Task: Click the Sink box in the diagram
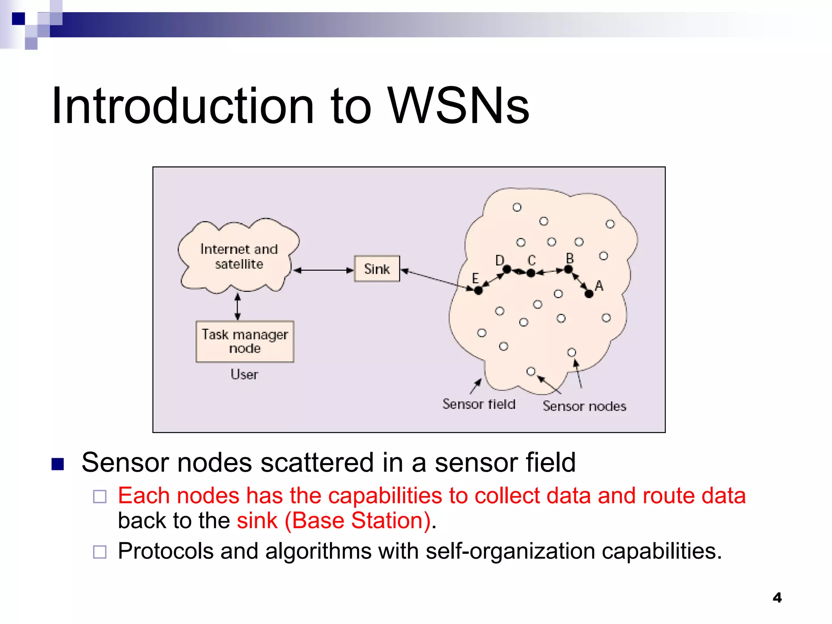(377, 269)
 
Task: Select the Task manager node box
(245, 341)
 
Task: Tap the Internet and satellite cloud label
(239, 256)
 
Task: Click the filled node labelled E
(478, 290)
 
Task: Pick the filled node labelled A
(589, 294)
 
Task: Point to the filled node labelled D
(507, 269)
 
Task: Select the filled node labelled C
(531, 273)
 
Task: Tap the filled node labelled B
(568, 269)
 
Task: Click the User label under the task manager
(244, 374)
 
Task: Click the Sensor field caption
(479, 404)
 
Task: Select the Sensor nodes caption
(584, 406)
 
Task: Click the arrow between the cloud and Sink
(323, 270)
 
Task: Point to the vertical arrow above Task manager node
(238, 307)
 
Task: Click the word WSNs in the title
(458, 106)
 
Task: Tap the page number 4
(777, 598)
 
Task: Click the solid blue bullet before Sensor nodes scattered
(58, 464)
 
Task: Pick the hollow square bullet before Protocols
(100, 552)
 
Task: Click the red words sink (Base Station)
(334, 521)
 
